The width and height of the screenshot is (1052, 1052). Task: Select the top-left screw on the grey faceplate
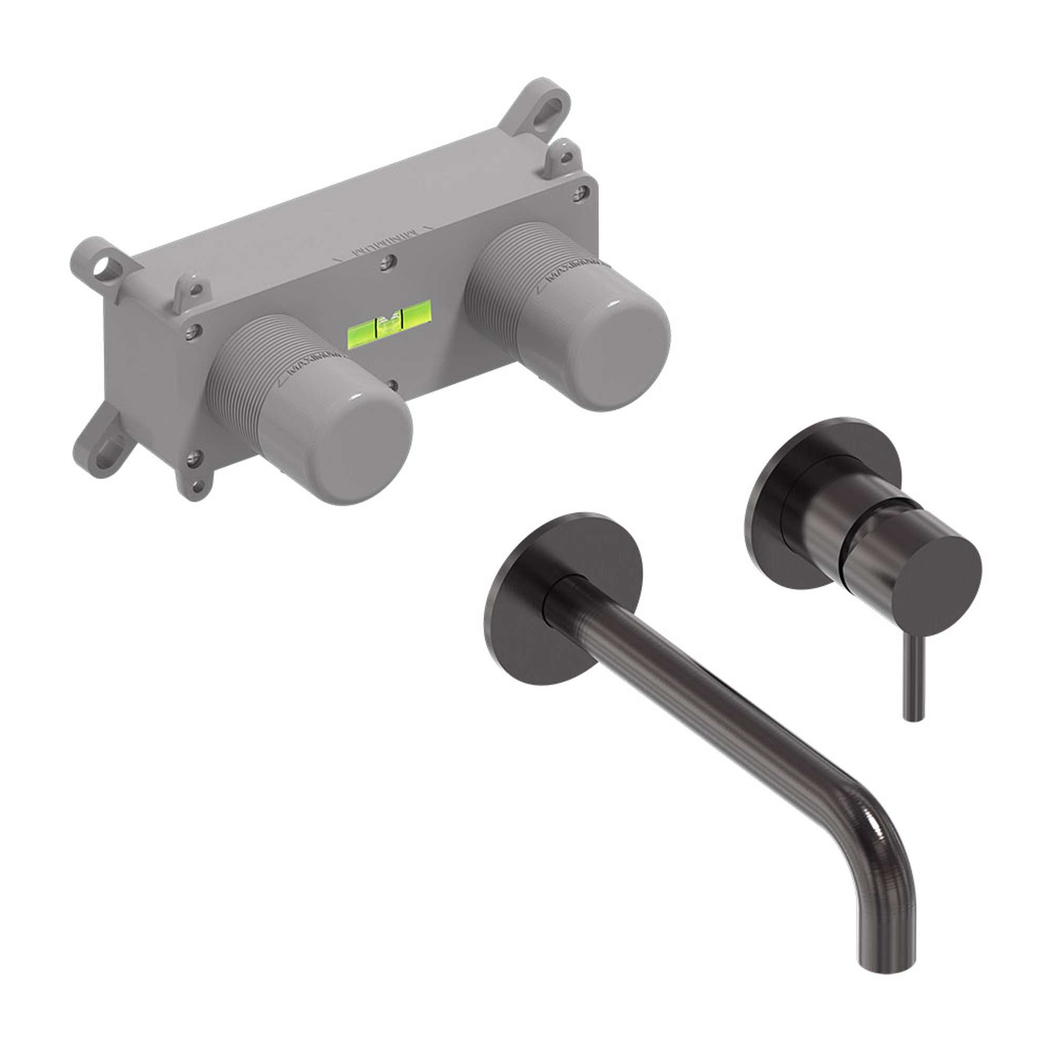pos(191,330)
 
